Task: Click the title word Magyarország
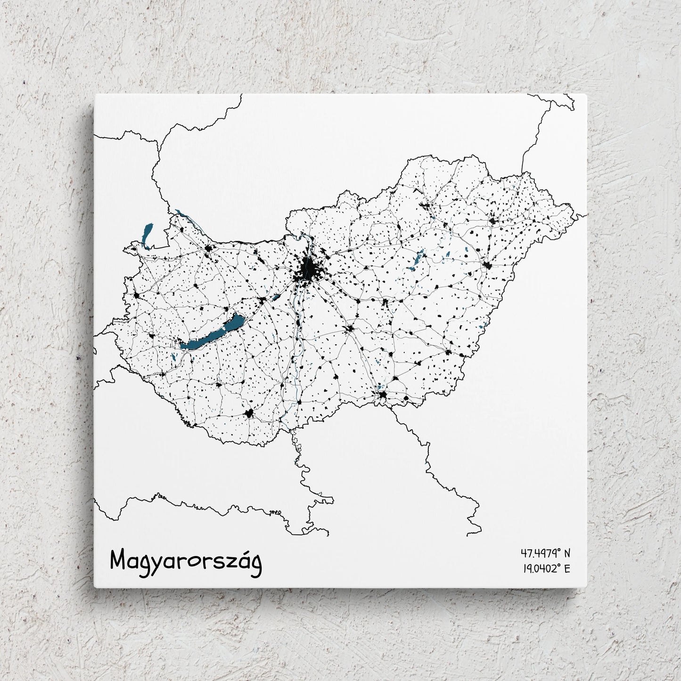[186, 561]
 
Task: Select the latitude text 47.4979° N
[545, 552]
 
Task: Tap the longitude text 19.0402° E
[546, 568]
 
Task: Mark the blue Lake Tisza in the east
[418, 260]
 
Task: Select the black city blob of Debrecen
[487, 266]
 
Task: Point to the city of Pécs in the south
[249, 414]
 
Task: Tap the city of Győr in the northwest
[207, 249]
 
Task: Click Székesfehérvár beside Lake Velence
[262, 300]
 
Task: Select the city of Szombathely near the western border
[137, 295]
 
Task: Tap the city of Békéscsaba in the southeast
[448, 352]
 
